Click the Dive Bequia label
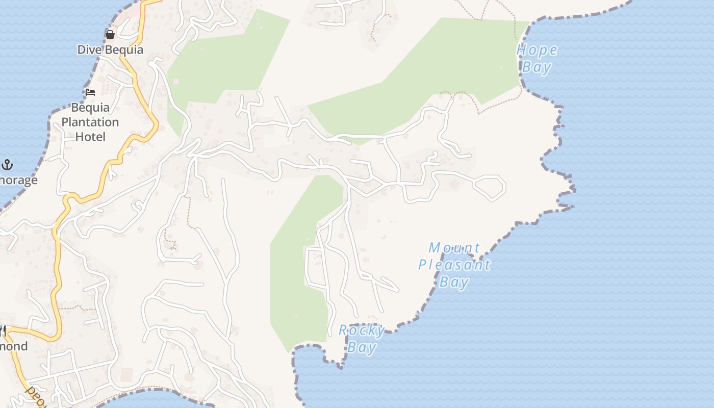point(110,49)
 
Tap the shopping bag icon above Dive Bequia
point(110,35)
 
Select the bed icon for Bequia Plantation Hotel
point(90,92)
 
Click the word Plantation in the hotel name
point(90,122)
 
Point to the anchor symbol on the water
point(7,165)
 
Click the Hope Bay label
point(537,59)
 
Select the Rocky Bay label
point(362,339)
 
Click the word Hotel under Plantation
point(90,137)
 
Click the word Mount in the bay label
point(454,248)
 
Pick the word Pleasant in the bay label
point(454,265)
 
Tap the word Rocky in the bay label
point(362,330)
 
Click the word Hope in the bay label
point(537,50)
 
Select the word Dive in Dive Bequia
point(88,49)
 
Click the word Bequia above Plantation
point(90,108)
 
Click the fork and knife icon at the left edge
point(2,331)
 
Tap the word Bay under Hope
point(537,67)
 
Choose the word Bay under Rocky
point(362,348)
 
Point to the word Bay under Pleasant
point(454,282)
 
